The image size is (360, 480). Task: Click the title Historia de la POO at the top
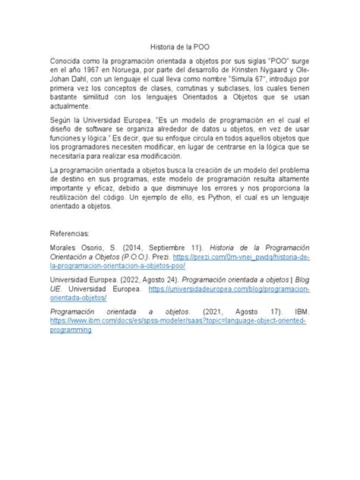pos(179,46)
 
